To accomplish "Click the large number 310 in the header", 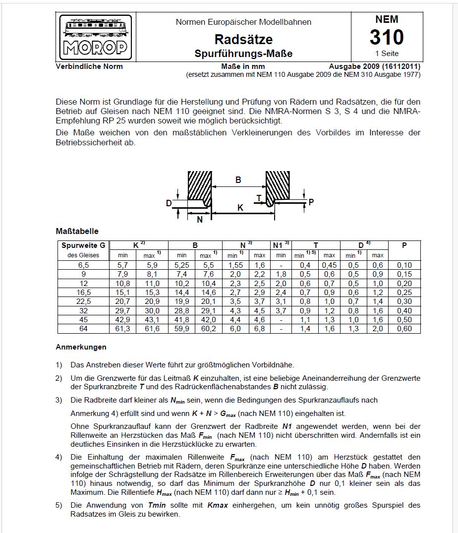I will (387, 37).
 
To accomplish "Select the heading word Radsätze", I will (243, 39).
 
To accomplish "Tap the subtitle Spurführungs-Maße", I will (243, 54).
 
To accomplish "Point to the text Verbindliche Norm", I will (89, 66).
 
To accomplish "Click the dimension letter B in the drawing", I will (238, 180).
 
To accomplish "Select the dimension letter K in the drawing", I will (240, 208).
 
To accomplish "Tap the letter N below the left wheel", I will (200, 220).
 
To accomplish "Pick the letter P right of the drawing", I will (311, 202).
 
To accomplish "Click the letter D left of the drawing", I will (169, 203).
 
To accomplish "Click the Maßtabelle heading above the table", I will (77, 231).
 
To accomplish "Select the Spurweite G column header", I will (83, 245).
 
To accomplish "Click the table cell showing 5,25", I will (182, 265).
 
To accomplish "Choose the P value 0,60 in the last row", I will (404, 329).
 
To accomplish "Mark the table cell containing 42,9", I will (122, 320).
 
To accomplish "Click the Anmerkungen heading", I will (81, 347).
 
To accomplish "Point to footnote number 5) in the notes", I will (59, 505).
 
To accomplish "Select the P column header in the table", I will (404, 245).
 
